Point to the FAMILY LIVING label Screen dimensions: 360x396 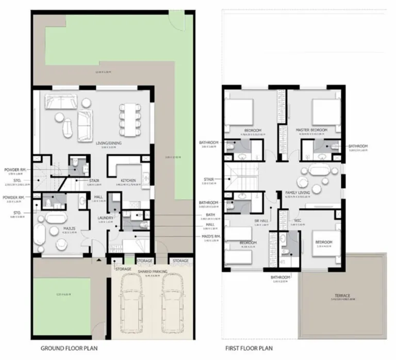[x=297, y=192]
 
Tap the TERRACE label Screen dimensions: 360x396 [x=342, y=296]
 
